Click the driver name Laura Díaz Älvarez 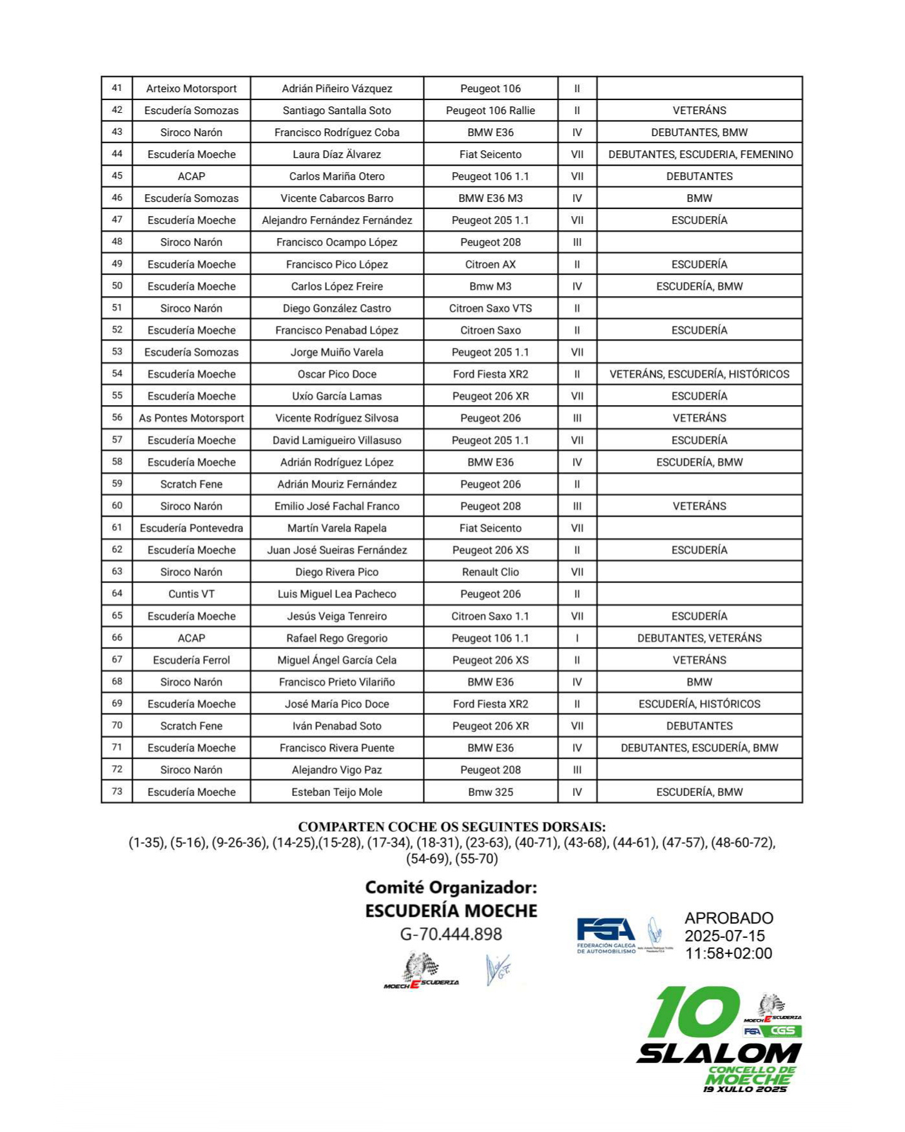pos(336,154)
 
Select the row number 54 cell pos(117,373)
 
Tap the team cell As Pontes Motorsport pos(191,418)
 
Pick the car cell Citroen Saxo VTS pos(491,308)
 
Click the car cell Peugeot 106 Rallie pos(491,110)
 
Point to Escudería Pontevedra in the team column pos(191,528)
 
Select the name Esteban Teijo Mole pos(336,792)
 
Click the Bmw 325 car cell pos(491,792)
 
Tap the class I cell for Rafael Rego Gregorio pos(577,638)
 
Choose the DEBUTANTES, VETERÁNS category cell pos(699,638)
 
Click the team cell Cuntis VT pos(191,594)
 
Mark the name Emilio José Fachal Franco pos(336,506)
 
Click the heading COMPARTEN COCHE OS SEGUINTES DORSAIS pos(452,827)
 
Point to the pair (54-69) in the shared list pos(428,859)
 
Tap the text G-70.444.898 pos(451,934)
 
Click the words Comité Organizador pos(451,888)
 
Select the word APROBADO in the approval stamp pos(729,918)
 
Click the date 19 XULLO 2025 pos(745,1089)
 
